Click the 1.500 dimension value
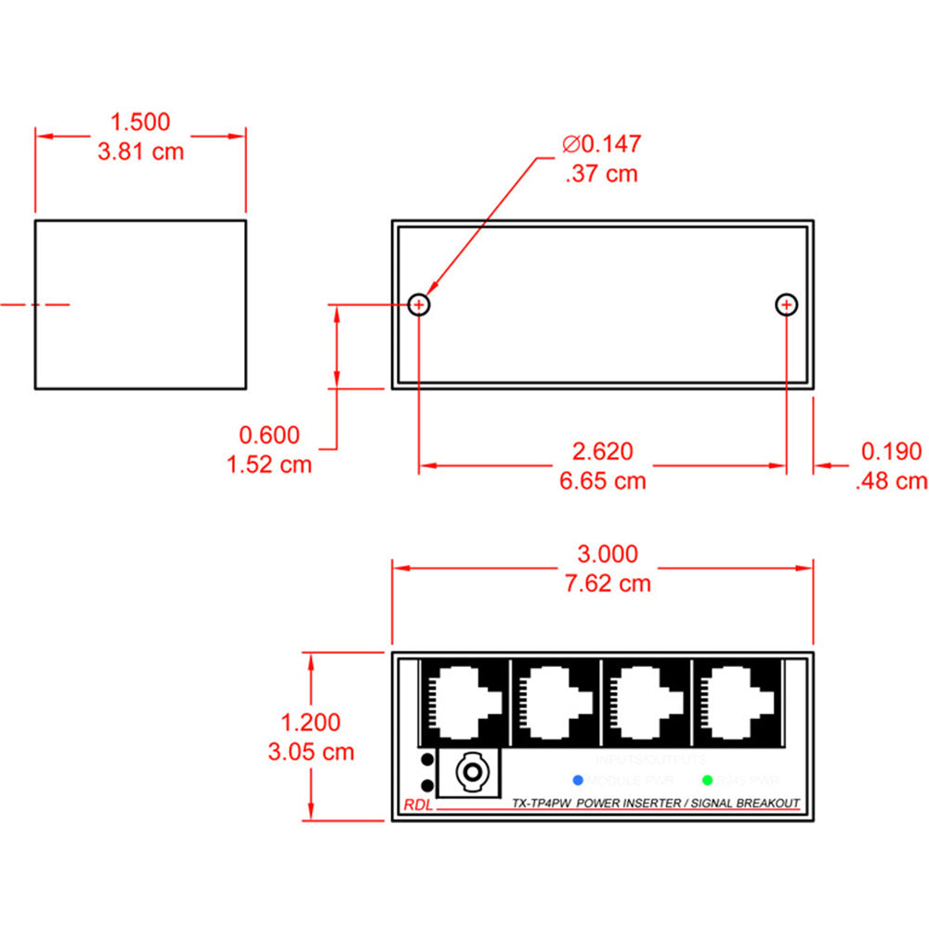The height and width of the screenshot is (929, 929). click(x=140, y=122)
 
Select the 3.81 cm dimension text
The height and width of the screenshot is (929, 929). click(x=140, y=150)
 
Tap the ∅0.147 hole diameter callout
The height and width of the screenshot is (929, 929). click(x=602, y=144)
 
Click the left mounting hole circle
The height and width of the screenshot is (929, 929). click(x=420, y=304)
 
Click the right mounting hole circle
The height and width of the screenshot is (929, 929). click(x=787, y=304)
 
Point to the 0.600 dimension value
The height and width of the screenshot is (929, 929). click(x=269, y=435)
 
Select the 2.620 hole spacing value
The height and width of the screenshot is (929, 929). click(x=602, y=451)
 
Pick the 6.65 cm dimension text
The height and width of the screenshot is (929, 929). click(x=602, y=480)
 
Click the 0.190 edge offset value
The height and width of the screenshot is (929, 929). click(x=891, y=451)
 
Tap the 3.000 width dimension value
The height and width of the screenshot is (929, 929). click(x=608, y=555)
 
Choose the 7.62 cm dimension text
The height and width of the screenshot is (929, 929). click(x=608, y=583)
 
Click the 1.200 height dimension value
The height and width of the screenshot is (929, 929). click(x=310, y=722)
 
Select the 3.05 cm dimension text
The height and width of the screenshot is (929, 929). click(x=310, y=751)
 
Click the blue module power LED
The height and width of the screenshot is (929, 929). click(x=578, y=779)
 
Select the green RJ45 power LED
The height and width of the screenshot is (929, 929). click(x=708, y=780)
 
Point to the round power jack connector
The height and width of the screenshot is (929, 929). click(x=473, y=772)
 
